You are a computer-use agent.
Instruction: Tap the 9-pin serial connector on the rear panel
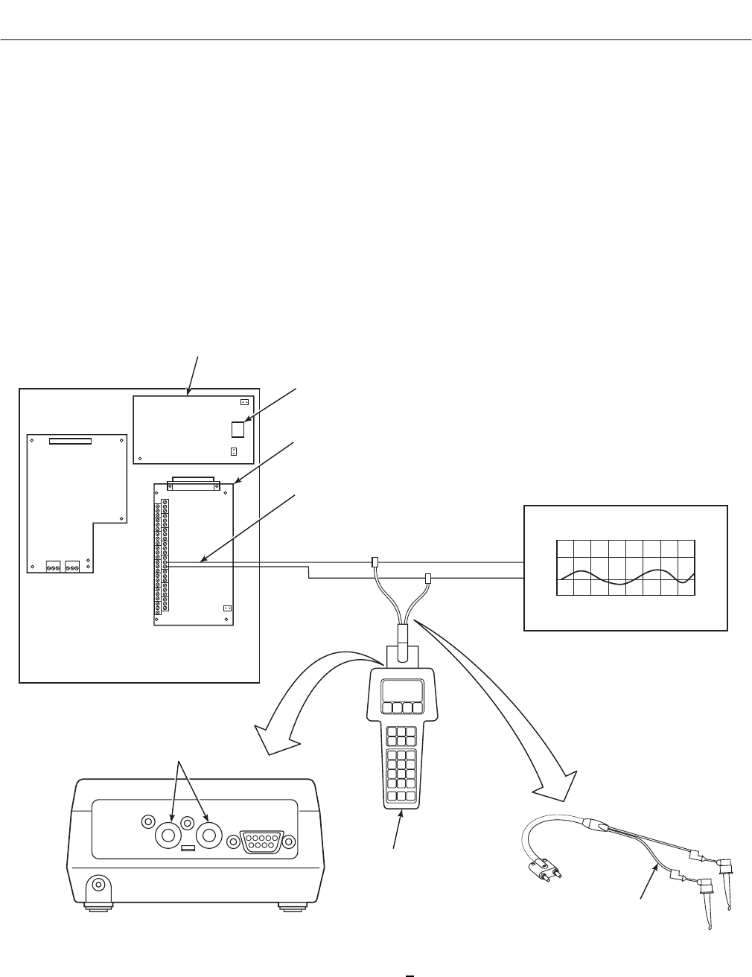click(x=264, y=841)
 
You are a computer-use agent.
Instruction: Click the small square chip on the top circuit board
click(x=238, y=429)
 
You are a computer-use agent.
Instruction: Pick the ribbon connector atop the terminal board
click(x=194, y=484)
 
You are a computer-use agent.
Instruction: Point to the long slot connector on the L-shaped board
click(x=70, y=441)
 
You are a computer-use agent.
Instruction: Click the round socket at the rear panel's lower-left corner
click(x=97, y=888)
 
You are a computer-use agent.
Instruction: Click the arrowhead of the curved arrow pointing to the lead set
click(x=557, y=782)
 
